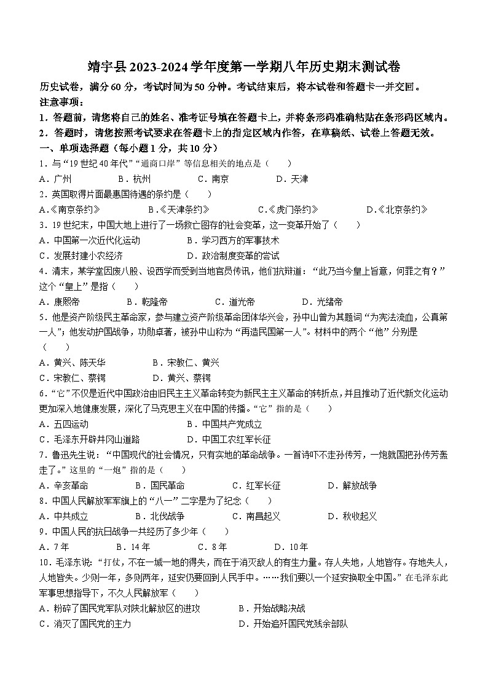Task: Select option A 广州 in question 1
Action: click(x=55, y=179)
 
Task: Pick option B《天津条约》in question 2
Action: click(x=178, y=210)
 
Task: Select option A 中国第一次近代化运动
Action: click(x=89, y=240)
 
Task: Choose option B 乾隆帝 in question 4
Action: click(x=147, y=302)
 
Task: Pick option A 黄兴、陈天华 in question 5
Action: click(x=71, y=363)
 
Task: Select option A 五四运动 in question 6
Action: click(x=64, y=424)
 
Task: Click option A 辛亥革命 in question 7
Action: click(x=64, y=485)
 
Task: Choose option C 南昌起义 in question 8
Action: click(x=256, y=516)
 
